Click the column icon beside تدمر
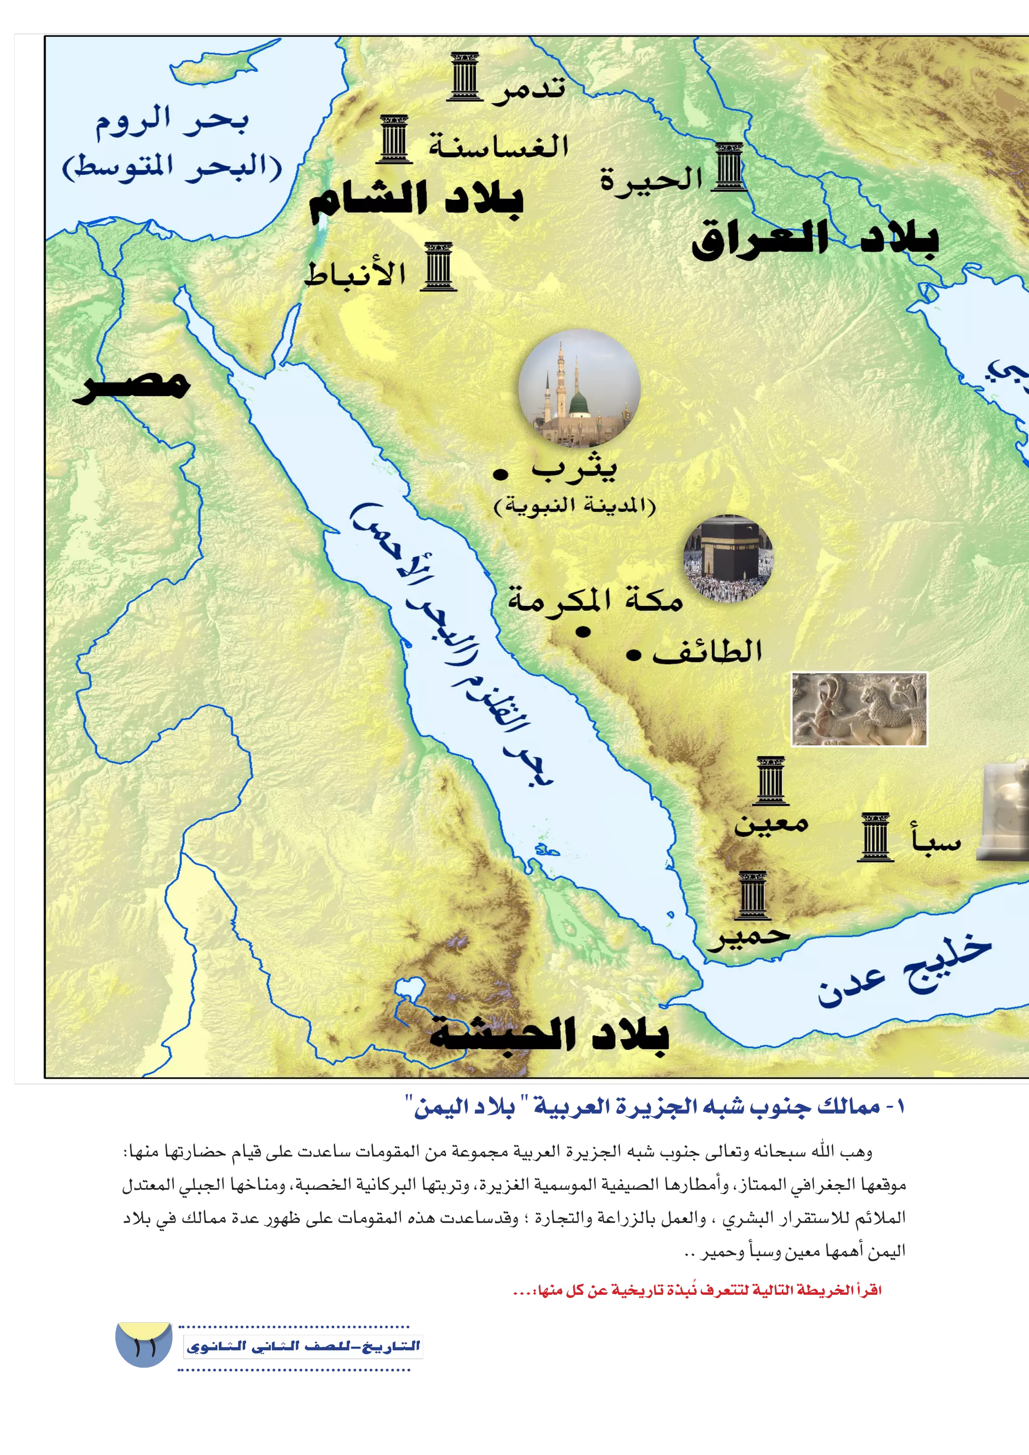(x=464, y=77)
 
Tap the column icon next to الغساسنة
(x=393, y=139)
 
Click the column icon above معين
(x=770, y=780)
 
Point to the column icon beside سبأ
(x=875, y=837)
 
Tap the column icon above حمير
(x=753, y=895)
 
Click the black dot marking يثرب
(x=500, y=473)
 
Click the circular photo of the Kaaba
(x=728, y=558)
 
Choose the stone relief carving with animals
(x=859, y=709)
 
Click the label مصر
(x=132, y=384)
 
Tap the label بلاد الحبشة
(x=549, y=1034)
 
